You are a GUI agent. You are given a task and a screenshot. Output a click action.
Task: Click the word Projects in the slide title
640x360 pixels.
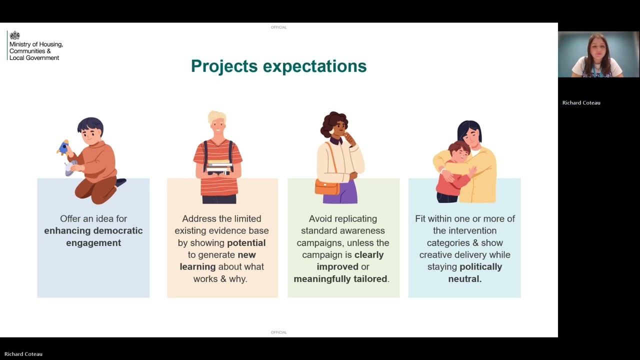click(224, 66)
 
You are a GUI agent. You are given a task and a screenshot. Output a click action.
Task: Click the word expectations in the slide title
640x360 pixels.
click(314, 66)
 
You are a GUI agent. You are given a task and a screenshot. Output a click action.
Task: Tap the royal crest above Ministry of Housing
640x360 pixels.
click(15, 35)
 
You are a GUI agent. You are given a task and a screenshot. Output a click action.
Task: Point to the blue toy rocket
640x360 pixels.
click(63, 147)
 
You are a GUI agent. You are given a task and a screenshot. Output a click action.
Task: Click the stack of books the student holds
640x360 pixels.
click(219, 167)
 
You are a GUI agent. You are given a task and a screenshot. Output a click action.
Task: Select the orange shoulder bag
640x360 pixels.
click(327, 187)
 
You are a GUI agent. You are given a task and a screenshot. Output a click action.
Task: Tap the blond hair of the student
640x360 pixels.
click(217, 117)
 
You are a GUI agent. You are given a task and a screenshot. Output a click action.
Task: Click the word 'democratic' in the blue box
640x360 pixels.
click(118, 231)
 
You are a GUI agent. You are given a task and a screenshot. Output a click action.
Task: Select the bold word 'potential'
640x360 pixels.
click(246, 243)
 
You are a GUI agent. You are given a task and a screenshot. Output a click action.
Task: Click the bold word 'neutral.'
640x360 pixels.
click(465, 279)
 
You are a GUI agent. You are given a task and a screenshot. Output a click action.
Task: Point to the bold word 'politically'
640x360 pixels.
click(481, 267)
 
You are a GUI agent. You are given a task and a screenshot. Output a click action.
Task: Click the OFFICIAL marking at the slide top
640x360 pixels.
click(279, 27)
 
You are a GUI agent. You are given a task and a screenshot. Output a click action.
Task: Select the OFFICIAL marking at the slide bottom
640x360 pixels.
click(279, 332)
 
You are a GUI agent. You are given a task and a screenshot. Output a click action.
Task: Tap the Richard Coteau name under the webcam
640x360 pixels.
click(581, 103)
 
